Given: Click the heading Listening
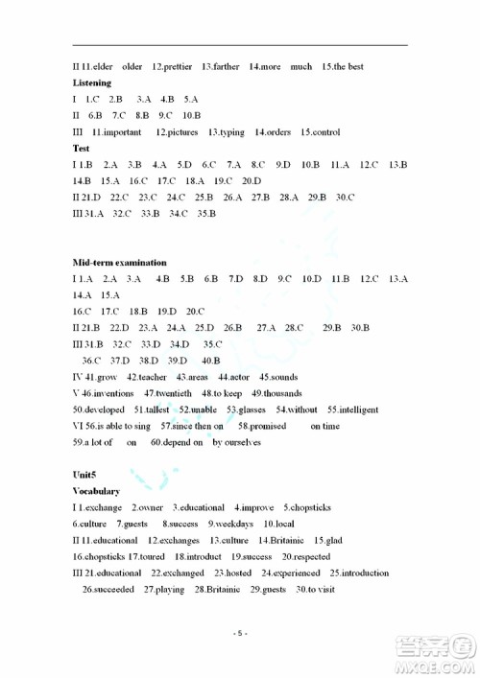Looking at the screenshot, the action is [x=92, y=83].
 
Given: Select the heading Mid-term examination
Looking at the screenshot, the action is [x=120, y=262].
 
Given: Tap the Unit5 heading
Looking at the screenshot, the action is [x=87, y=475].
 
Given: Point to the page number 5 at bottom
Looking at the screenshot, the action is [x=241, y=634].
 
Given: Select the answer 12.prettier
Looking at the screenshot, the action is [x=173, y=67].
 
